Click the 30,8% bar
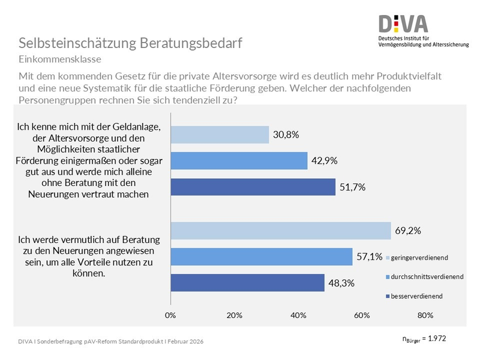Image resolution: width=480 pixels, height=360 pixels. pos(220,135)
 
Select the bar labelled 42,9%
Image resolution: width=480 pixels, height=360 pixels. pos(239,161)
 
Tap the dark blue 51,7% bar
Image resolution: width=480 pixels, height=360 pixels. pos(253,187)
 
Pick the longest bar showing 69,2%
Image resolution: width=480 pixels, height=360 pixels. pos(281,231)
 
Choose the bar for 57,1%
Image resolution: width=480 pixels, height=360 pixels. pos(262,257)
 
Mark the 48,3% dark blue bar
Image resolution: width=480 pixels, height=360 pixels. pos(247,283)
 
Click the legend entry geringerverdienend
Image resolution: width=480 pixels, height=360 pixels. pos(421,257)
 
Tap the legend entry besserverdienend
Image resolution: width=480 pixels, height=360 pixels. pos(418,296)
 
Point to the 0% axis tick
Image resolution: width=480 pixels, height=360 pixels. pos(170,315)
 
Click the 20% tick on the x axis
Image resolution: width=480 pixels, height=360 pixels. pos(235,315)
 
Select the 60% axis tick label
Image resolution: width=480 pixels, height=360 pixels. pos(362,315)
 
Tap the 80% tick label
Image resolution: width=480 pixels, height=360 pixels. pos(425,315)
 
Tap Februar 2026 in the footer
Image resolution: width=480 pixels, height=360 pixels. pos(181,341)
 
